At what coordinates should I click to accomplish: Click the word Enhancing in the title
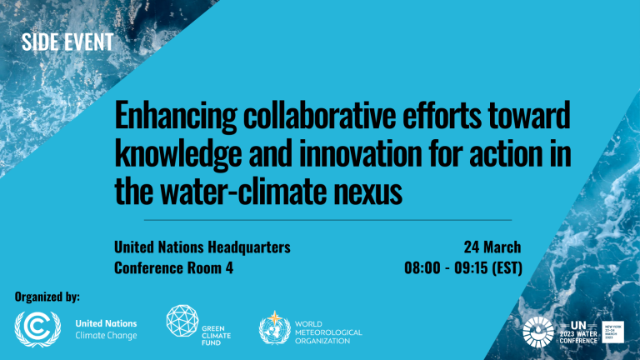(163, 117)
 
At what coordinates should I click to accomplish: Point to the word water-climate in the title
(249, 192)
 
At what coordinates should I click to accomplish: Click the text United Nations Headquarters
(202, 247)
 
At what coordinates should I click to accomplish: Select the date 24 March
(492, 247)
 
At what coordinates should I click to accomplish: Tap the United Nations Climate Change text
(106, 328)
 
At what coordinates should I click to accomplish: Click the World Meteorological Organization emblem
(272, 327)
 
